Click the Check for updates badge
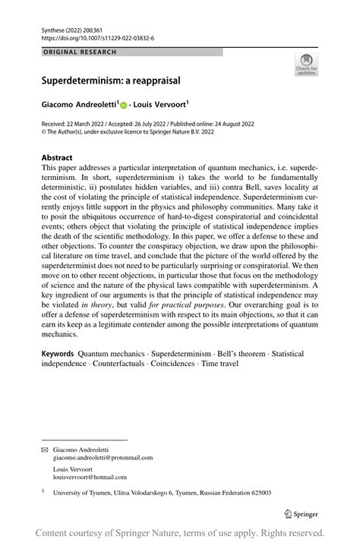click(306, 65)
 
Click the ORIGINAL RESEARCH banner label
click(80, 52)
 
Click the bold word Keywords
click(58, 354)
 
